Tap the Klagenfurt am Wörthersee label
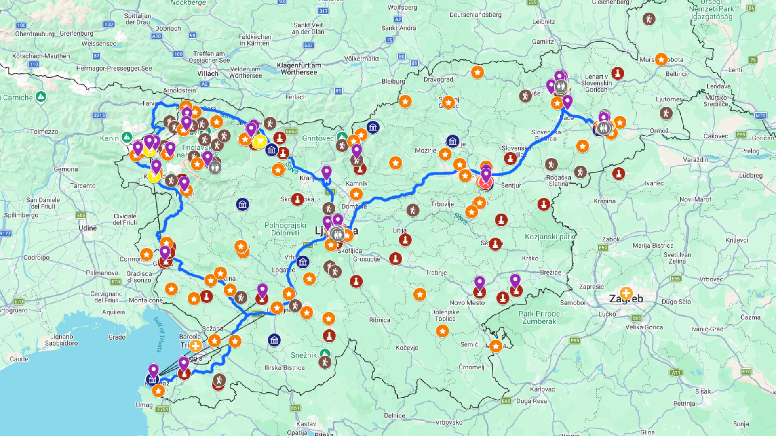(299, 69)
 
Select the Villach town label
(208, 73)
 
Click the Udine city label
(88, 228)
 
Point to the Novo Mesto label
(467, 303)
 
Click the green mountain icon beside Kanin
(127, 138)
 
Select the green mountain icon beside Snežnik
(325, 354)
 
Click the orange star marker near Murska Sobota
(661, 60)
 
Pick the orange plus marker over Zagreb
(626, 293)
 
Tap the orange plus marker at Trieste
(196, 346)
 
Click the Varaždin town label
(695, 160)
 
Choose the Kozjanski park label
(549, 237)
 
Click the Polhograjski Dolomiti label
(285, 229)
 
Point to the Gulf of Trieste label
(160, 335)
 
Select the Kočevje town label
(407, 348)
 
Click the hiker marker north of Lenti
(649, 19)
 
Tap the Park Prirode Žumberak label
(539, 317)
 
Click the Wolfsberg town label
(402, 8)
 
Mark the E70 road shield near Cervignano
(19, 302)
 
